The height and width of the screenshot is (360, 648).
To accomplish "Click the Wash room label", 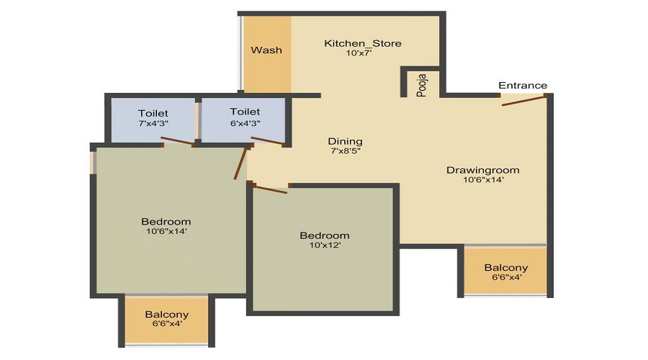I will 266,50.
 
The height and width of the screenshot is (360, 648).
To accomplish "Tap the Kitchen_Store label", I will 362,44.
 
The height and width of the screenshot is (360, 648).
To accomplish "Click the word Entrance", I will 523,86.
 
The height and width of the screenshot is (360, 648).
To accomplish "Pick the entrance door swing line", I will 523,100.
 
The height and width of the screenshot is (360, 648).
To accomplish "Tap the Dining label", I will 346,141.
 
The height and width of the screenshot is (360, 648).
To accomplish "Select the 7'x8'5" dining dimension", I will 346,151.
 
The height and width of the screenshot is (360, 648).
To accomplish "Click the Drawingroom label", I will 482,171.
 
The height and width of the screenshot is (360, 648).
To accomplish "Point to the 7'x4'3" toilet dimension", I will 153,123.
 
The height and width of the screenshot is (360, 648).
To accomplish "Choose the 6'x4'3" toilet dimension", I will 245,122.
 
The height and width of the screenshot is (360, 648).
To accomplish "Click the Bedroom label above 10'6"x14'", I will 166,221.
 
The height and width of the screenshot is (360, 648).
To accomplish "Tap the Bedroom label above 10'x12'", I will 325,235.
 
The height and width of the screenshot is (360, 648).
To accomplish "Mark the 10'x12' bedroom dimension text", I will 325,246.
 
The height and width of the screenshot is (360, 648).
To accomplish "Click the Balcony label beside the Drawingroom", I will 505,267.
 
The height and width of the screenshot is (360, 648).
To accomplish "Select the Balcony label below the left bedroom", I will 167,315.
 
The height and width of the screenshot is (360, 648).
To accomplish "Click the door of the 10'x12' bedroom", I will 271,189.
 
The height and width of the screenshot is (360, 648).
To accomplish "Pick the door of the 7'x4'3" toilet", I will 179,143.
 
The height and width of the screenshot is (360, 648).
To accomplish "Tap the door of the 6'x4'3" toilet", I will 266,141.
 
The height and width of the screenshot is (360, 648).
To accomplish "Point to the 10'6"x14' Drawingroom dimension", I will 482,181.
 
